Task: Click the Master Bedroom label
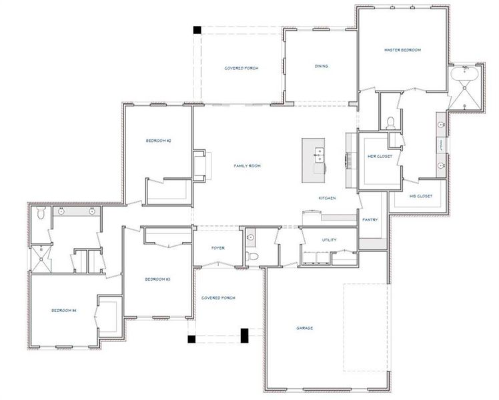tap(402, 50)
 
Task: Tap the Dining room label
tap(322, 66)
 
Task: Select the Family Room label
tap(246, 165)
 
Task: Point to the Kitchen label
tap(326, 198)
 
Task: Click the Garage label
tap(305, 328)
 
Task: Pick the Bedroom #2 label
tap(159, 141)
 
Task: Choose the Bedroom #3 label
tap(158, 279)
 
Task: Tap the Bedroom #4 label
tap(64, 311)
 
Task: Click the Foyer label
tap(218, 248)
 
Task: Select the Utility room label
tap(328, 240)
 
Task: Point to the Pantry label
tap(370, 219)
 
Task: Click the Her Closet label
tap(380, 156)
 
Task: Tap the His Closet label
tap(421, 196)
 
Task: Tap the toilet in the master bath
tap(391, 121)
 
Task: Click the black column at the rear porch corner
tap(197, 29)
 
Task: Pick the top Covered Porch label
tap(241, 68)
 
